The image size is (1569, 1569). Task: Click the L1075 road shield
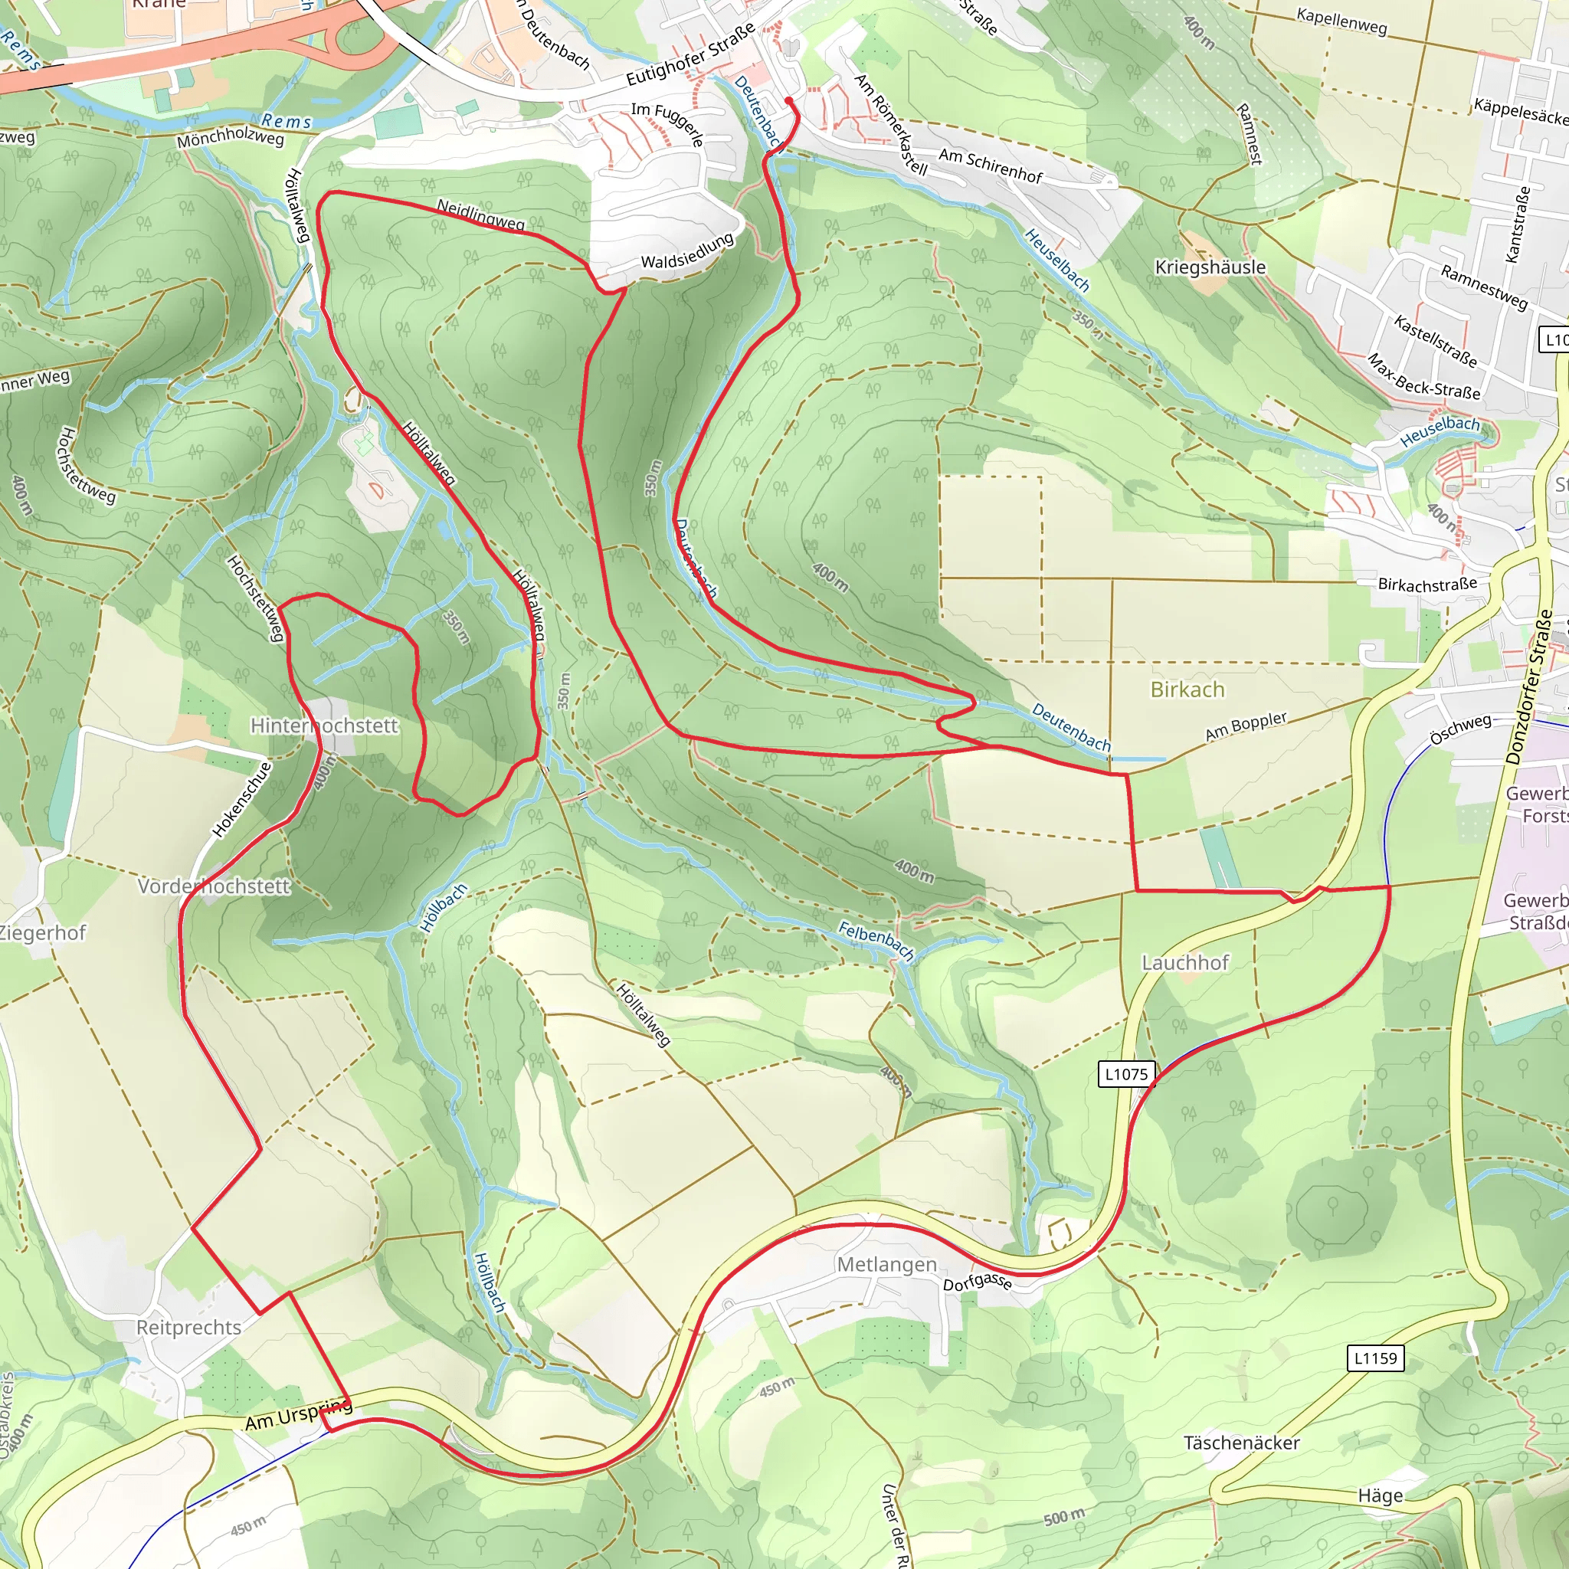click(1126, 1073)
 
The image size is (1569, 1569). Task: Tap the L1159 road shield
click(1376, 1357)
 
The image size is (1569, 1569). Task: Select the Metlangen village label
click(886, 1264)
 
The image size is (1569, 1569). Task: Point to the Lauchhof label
click(1185, 962)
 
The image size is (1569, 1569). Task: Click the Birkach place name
click(1187, 690)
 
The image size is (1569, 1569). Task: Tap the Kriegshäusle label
click(1209, 267)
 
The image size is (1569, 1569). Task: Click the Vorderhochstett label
click(213, 886)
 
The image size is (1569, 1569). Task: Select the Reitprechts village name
click(188, 1327)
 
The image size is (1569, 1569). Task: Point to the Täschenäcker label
click(1241, 1443)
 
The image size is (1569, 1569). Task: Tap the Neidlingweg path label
click(481, 214)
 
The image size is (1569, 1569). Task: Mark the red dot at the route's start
click(788, 100)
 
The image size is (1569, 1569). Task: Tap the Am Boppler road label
click(1246, 726)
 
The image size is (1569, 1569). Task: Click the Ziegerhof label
click(42, 932)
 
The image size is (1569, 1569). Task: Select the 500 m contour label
click(1064, 1517)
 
